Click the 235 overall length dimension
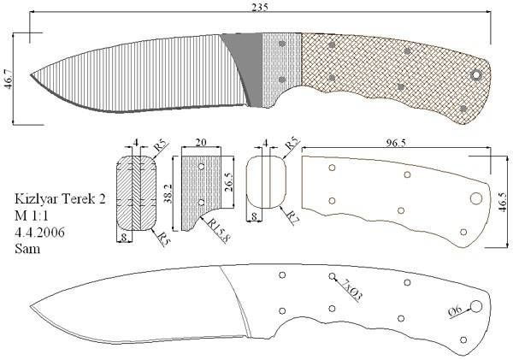pyautogui.click(x=260, y=7)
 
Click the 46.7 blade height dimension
pyautogui.click(x=8, y=79)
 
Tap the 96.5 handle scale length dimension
pyautogui.click(x=397, y=143)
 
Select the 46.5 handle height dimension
pyautogui.click(x=504, y=202)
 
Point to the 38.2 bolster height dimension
pyautogui.click(x=168, y=193)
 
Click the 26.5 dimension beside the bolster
pyautogui.click(x=228, y=181)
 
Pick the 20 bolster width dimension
pyautogui.click(x=201, y=143)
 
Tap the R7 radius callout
pyautogui.click(x=292, y=217)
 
